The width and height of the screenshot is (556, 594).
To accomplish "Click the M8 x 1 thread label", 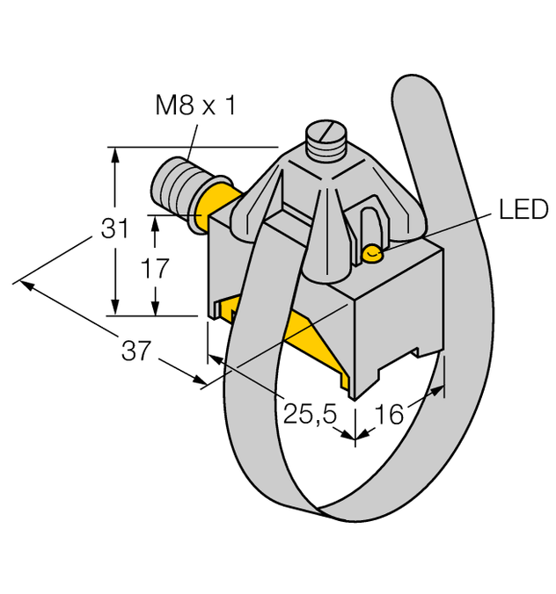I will pos(194,107).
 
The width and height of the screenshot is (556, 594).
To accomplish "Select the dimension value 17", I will pos(155,269).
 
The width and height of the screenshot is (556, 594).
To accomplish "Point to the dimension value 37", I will pos(135,351).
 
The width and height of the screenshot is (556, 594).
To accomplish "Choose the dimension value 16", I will pos(387,412).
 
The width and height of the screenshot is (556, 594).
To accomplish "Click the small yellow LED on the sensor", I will pos(372,255).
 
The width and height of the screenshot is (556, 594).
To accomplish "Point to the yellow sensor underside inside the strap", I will pos(299,338).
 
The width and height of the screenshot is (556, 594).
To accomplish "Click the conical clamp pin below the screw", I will pos(326,246).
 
